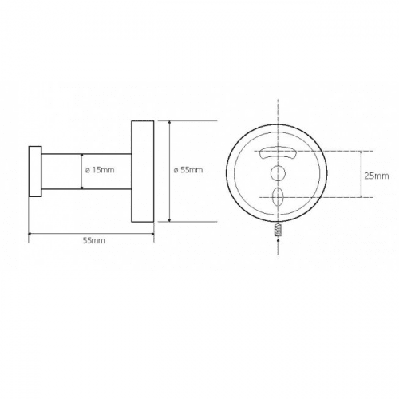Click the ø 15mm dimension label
pyautogui.click(x=100, y=170)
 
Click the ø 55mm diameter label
pyautogui.click(x=188, y=170)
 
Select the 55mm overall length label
pyautogui.click(x=94, y=240)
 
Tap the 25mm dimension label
pyautogui.click(x=377, y=176)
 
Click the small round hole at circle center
pyautogui.click(x=278, y=173)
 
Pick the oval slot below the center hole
pyautogui.click(x=278, y=197)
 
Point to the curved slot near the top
pyautogui.click(x=278, y=153)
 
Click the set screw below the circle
pyautogui.click(x=278, y=231)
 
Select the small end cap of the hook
pyautogui.click(x=35, y=172)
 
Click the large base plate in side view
pyautogui.click(x=143, y=172)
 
